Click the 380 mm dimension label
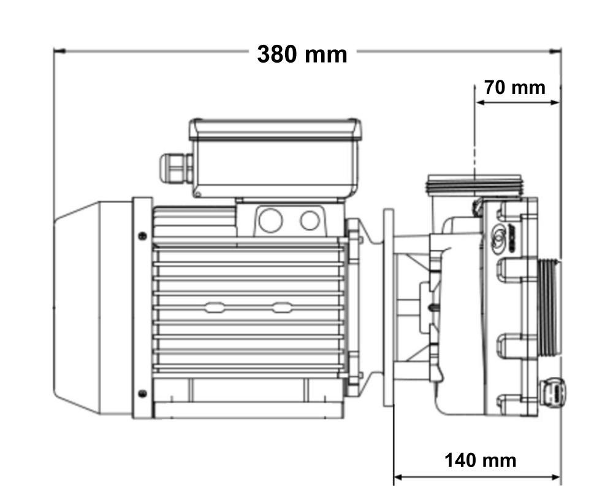pyautogui.click(x=302, y=54)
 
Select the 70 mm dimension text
pyautogui.click(x=514, y=88)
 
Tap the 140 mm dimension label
pyautogui.click(x=480, y=460)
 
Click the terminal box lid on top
pyautogui.click(x=275, y=130)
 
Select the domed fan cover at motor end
pyautogui.click(x=92, y=307)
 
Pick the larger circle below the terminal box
pyautogui.click(x=270, y=220)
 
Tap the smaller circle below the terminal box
pyautogui.click(x=310, y=220)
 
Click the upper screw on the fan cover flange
pyautogui.click(x=143, y=235)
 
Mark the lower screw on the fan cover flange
pyautogui.click(x=143, y=393)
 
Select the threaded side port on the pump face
pyautogui.click(x=548, y=307)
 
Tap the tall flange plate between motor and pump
pyautogui.click(x=388, y=307)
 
